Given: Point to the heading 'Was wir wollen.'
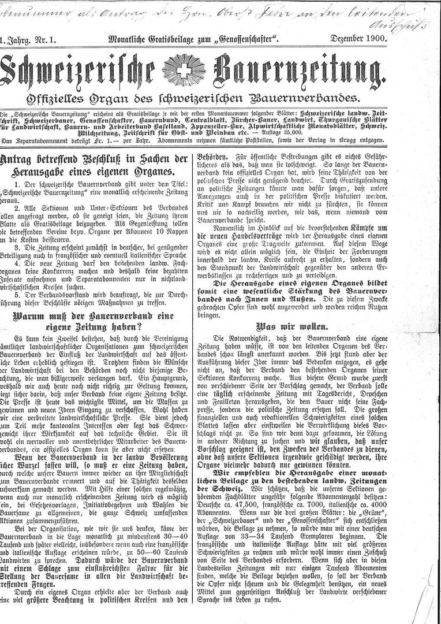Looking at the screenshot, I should coord(296,326).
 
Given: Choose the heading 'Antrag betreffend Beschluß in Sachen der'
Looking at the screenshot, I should coord(95,159).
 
